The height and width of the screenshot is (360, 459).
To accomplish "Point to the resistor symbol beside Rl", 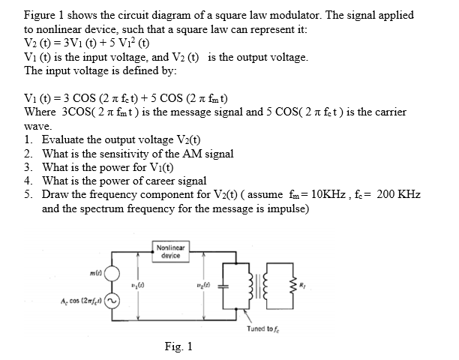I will (296, 284).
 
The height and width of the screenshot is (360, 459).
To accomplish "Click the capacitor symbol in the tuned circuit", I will (235, 284).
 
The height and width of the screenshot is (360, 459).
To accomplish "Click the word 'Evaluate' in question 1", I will (65, 139).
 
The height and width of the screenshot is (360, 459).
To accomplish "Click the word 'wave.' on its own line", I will (37, 127).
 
